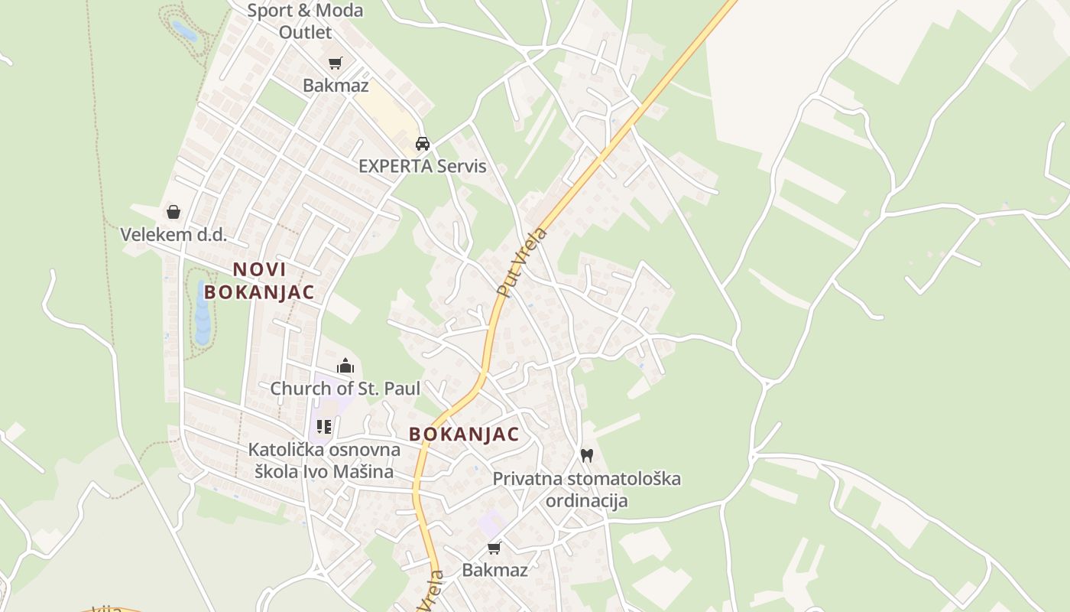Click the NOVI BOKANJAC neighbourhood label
click(x=259, y=280)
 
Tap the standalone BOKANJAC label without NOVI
click(x=464, y=435)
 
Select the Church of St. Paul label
click(x=345, y=389)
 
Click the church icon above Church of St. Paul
click(x=345, y=366)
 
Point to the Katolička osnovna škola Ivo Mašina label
click(x=324, y=460)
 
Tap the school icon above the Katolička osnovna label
click(x=324, y=427)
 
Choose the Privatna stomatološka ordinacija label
click(x=586, y=490)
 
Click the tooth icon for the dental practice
click(x=586, y=456)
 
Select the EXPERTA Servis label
click(x=422, y=166)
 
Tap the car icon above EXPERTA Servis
click(x=422, y=143)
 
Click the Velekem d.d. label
click(x=173, y=234)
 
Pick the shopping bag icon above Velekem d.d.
click(x=173, y=212)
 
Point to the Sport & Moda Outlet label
click(x=305, y=21)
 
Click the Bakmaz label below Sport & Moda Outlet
click(x=336, y=85)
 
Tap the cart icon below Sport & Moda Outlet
click(x=335, y=63)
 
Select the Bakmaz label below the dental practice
click(x=494, y=570)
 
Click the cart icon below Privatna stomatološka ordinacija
click(x=494, y=548)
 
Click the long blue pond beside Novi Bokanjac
click(x=203, y=313)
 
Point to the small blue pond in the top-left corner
click(x=184, y=31)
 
